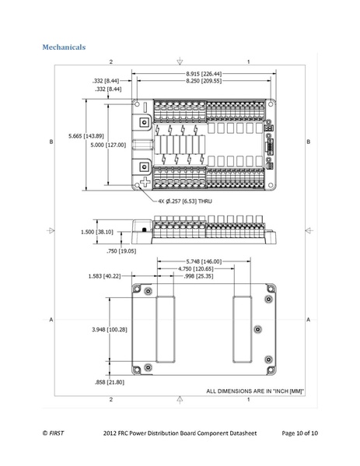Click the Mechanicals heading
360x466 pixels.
[64, 48]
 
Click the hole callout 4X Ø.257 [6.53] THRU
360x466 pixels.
[185, 201]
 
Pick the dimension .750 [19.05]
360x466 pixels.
[121, 251]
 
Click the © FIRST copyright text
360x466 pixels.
[54, 432]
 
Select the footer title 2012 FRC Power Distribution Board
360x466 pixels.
[166, 432]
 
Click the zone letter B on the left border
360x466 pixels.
[51, 142]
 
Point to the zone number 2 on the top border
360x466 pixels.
[111, 61]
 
